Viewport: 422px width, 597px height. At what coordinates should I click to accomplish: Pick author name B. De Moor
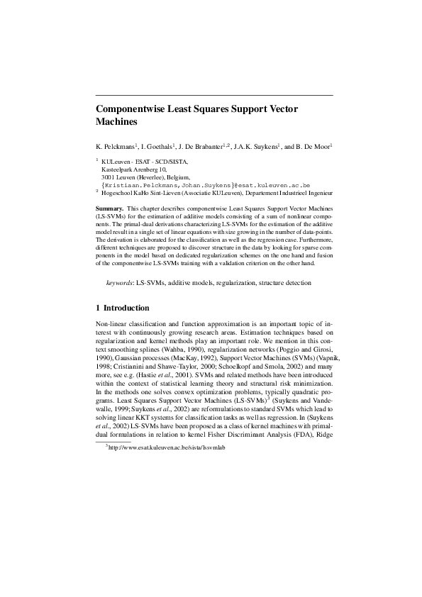point(311,147)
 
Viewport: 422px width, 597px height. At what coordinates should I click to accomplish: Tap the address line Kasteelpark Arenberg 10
point(137,169)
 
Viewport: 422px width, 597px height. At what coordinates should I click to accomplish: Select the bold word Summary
point(109,208)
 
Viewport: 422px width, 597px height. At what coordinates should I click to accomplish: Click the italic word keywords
point(120,283)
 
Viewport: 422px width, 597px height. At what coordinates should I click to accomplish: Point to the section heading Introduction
point(126,308)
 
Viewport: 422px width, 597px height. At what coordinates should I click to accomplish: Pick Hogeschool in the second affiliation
point(119,192)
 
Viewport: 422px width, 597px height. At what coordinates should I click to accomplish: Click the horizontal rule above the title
point(213,95)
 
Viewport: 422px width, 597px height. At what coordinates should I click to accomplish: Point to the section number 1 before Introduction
point(98,308)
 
